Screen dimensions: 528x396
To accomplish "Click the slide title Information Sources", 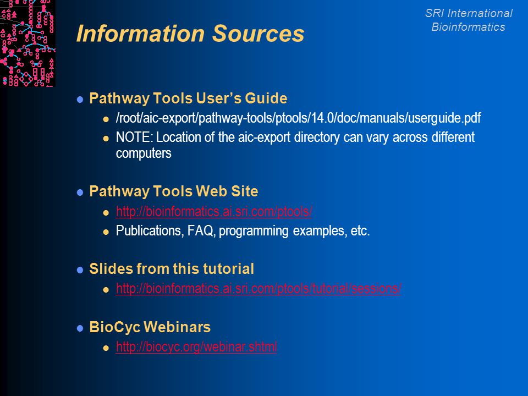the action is point(190,34).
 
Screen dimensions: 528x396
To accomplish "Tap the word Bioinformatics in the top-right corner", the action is point(469,27).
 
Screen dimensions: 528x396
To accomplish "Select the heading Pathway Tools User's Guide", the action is point(188,98).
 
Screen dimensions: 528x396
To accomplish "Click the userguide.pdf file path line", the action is point(298,118).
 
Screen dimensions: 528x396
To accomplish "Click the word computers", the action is point(144,153).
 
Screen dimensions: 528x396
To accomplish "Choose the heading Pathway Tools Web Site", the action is point(174,191).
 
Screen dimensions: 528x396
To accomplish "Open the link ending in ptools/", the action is point(214,211).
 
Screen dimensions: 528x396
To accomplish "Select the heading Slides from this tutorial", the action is point(172,269).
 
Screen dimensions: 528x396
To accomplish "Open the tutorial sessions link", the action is point(258,289).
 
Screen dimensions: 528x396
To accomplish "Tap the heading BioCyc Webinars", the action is point(150,327).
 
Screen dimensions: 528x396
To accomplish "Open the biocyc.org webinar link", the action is point(197,347).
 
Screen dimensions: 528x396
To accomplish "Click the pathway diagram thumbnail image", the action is point(28,43).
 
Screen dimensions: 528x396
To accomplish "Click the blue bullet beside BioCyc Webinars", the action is point(80,328).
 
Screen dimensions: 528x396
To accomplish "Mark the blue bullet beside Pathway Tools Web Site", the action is point(80,193).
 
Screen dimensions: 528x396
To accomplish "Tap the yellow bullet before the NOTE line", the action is point(106,139).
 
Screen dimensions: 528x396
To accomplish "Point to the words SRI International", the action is point(469,13).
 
